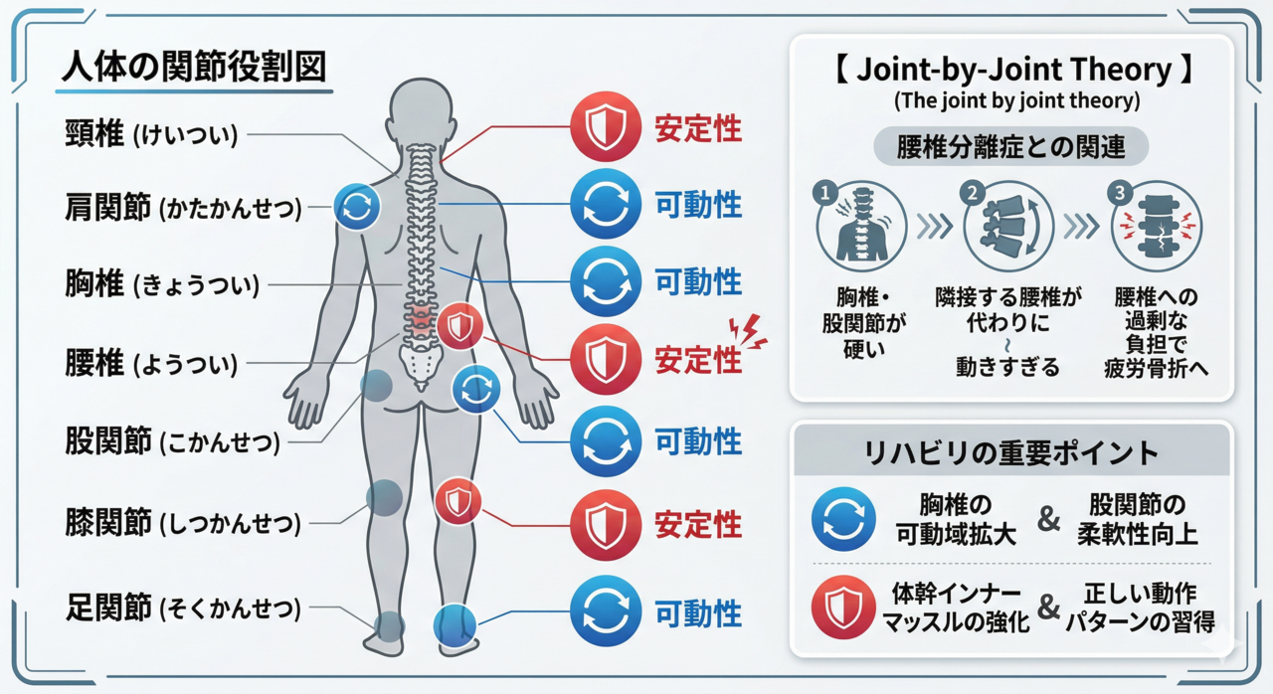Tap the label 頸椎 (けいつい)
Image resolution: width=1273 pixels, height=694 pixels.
click(151, 134)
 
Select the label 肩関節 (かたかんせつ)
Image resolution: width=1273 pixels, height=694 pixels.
click(183, 208)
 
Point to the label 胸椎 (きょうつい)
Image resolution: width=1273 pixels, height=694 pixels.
click(161, 285)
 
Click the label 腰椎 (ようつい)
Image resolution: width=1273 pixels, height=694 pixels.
click(151, 363)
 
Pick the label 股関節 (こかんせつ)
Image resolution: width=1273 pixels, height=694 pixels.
click(172, 440)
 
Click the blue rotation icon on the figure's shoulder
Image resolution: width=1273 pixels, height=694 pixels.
click(355, 207)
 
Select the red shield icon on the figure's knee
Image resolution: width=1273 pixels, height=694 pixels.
click(458, 502)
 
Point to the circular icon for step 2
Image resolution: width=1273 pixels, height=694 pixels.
click(1004, 228)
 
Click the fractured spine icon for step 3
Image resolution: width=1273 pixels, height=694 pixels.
click(1155, 228)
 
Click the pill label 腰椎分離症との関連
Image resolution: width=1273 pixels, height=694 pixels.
click(1011, 147)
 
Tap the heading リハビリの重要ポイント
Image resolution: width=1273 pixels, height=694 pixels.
click(1010, 453)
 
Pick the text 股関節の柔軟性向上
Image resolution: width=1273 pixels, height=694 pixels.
click(1137, 519)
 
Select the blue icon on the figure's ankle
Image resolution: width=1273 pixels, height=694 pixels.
click(455, 624)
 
